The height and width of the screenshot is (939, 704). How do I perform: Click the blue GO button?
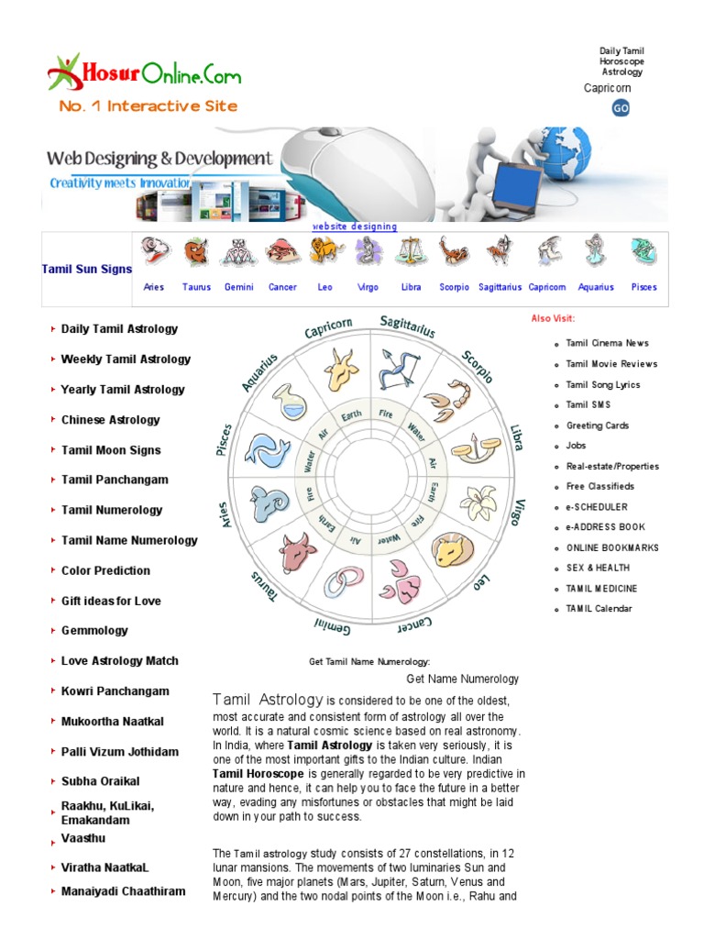tap(621, 108)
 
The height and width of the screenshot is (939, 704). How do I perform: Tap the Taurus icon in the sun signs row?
tap(196, 251)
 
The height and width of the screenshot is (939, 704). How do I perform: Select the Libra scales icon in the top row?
tap(412, 251)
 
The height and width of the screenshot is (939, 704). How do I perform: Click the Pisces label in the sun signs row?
tap(643, 287)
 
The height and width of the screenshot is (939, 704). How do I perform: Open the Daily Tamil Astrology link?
tap(119, 329)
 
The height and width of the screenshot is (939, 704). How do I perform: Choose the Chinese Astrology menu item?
tap(110, 420)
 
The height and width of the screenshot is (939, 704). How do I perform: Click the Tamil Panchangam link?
tap(115, 480)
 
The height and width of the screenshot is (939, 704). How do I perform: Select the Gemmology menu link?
tap(94, 631)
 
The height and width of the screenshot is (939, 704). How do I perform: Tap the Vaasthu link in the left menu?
tap(83, 838)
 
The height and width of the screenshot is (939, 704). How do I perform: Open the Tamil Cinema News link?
tap(607, 343)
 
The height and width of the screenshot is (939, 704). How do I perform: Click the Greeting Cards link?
tap(597, 425)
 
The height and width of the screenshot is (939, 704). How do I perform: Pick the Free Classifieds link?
tap(599, 486)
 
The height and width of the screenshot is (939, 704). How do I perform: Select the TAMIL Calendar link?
tap(599, 609)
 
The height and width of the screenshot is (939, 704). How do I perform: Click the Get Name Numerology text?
tap(462, 679)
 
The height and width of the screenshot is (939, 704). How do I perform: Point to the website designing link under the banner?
tap(355, 226)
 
